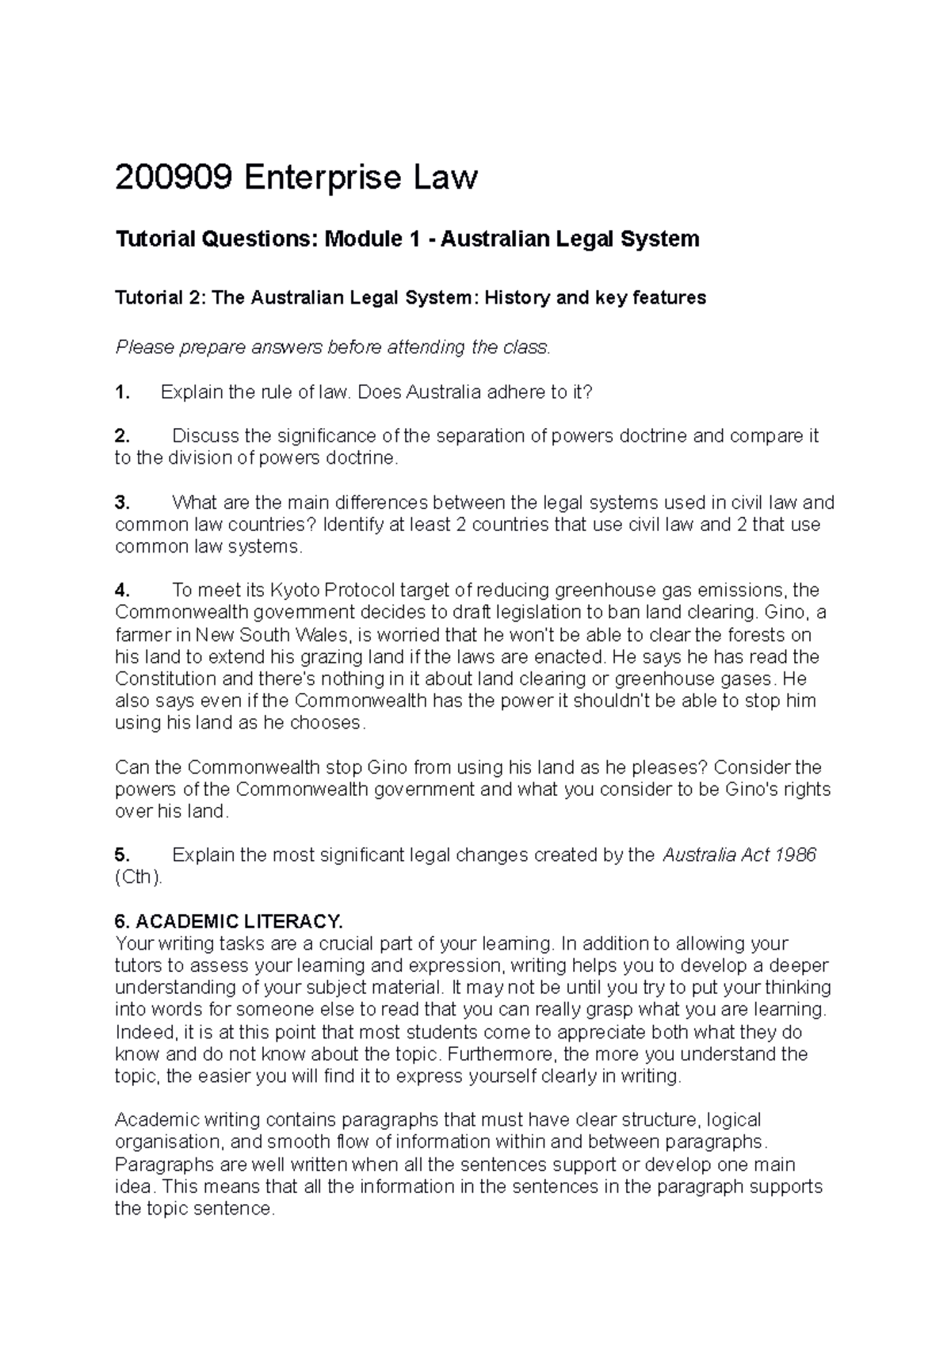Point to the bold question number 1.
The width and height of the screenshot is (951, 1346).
click(121, 392)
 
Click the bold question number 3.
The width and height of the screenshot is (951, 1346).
click(121, 503)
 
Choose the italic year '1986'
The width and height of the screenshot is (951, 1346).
click(795, 856)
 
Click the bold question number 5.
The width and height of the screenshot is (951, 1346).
click(121, 856)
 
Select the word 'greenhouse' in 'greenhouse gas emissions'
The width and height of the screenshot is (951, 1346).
click(596, 591)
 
